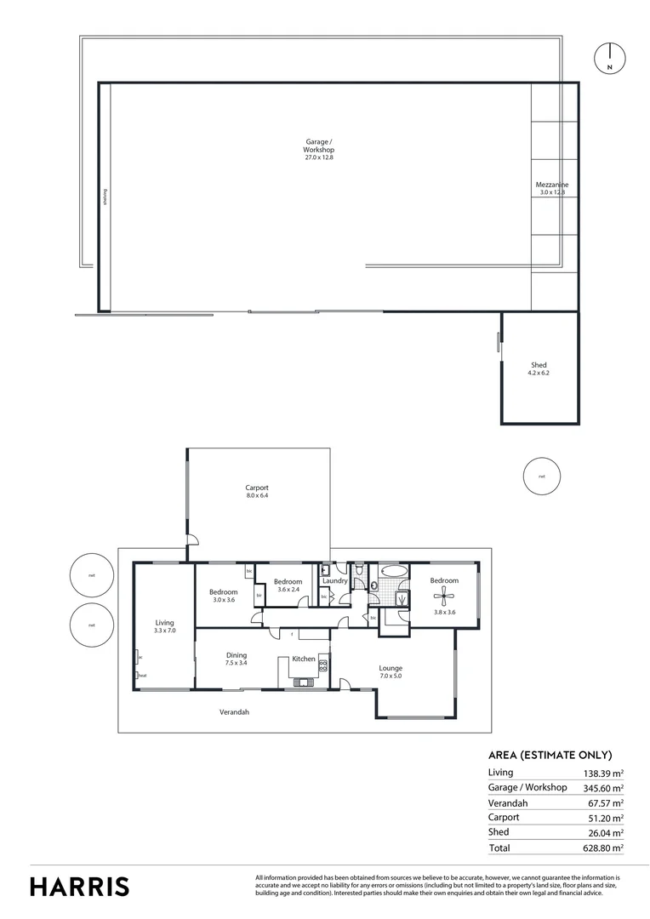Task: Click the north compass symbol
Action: click(609, 57)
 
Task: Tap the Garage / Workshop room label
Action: click(320, 146)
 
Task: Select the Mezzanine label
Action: click(552, 185)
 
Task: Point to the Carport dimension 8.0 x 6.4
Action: click(257, 495)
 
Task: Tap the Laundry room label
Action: click(335, 581)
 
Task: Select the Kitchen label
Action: click(304, 659)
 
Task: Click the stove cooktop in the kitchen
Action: click(323, 668)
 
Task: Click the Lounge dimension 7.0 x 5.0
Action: click(391, 676)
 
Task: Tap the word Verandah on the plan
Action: click(234, 711)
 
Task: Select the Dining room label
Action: click(236, 655)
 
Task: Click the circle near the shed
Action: click(541, 476)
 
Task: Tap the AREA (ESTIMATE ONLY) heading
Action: click(550, 755)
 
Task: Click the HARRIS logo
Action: click(80, 886)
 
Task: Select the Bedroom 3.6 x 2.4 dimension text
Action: click(288, 590)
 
